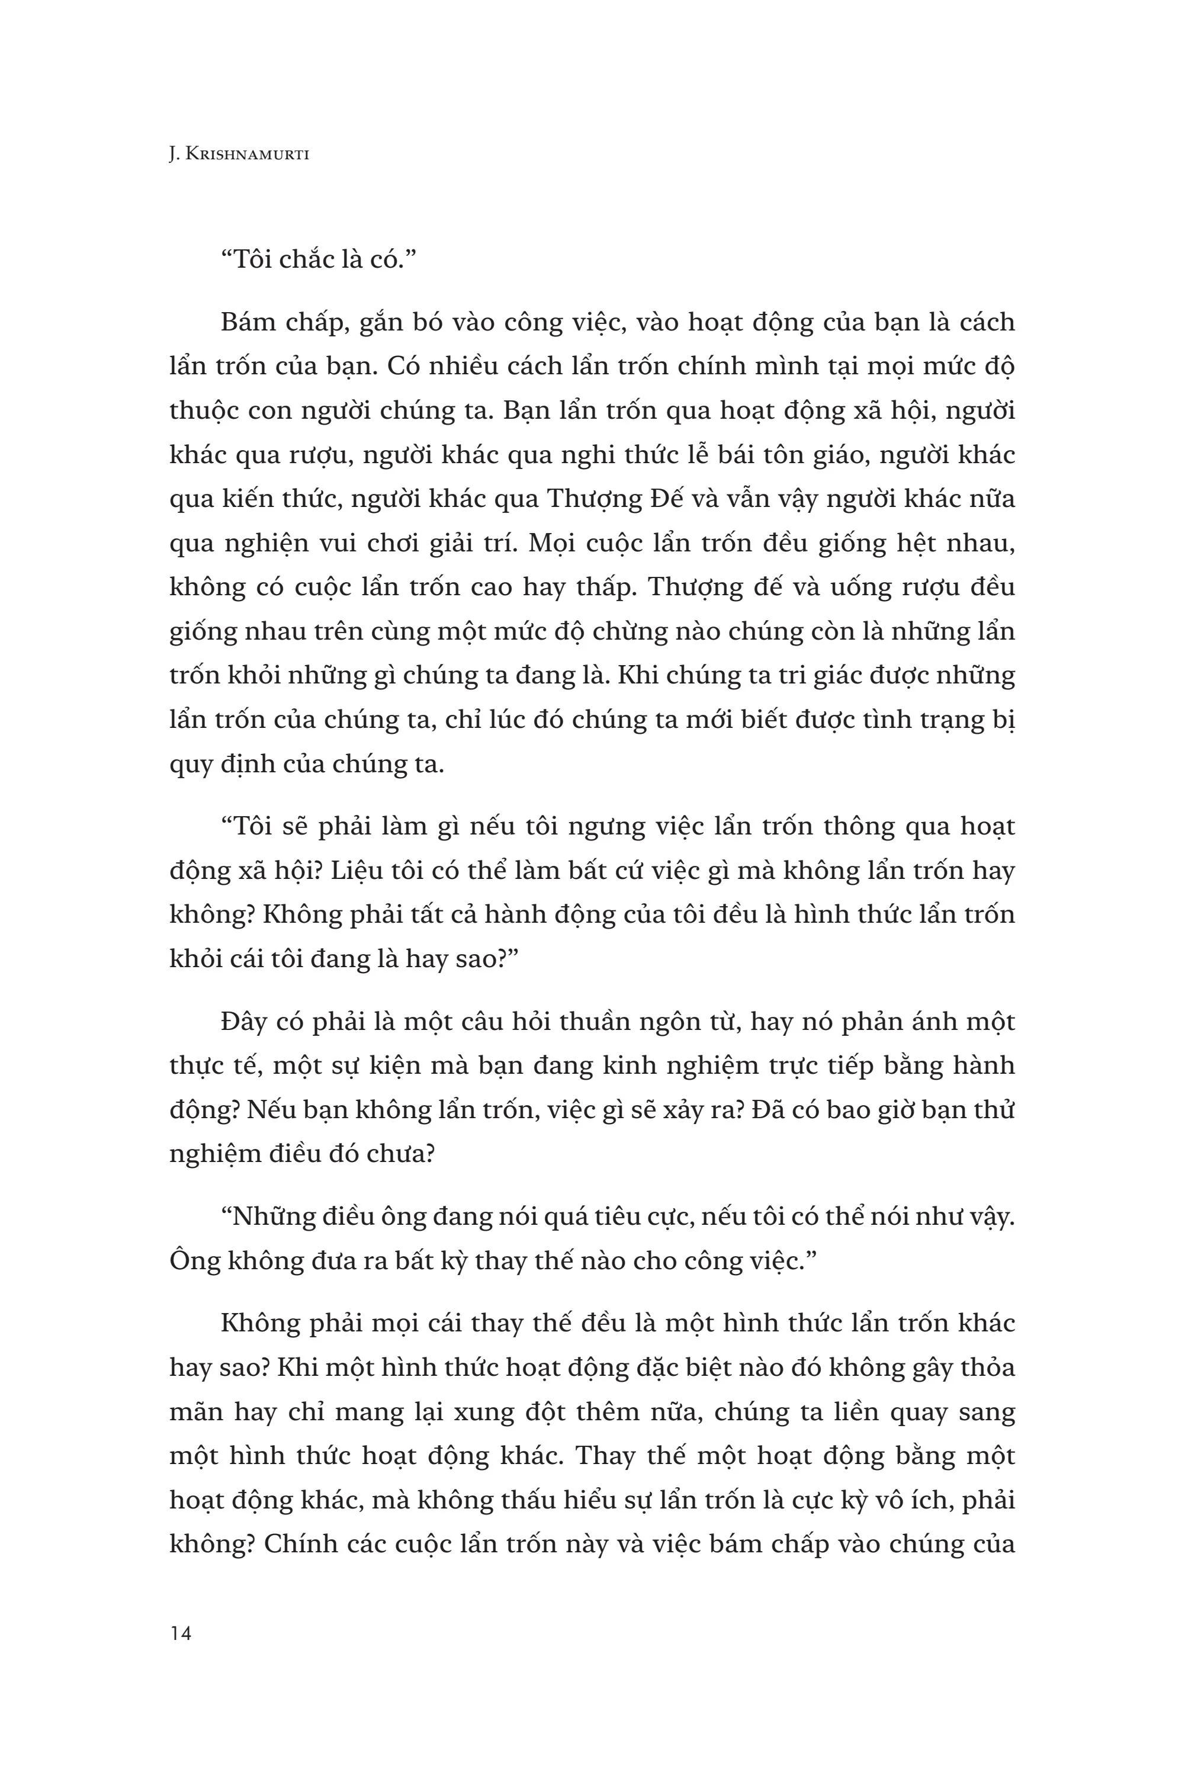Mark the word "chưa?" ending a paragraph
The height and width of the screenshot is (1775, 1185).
[394, 1155]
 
